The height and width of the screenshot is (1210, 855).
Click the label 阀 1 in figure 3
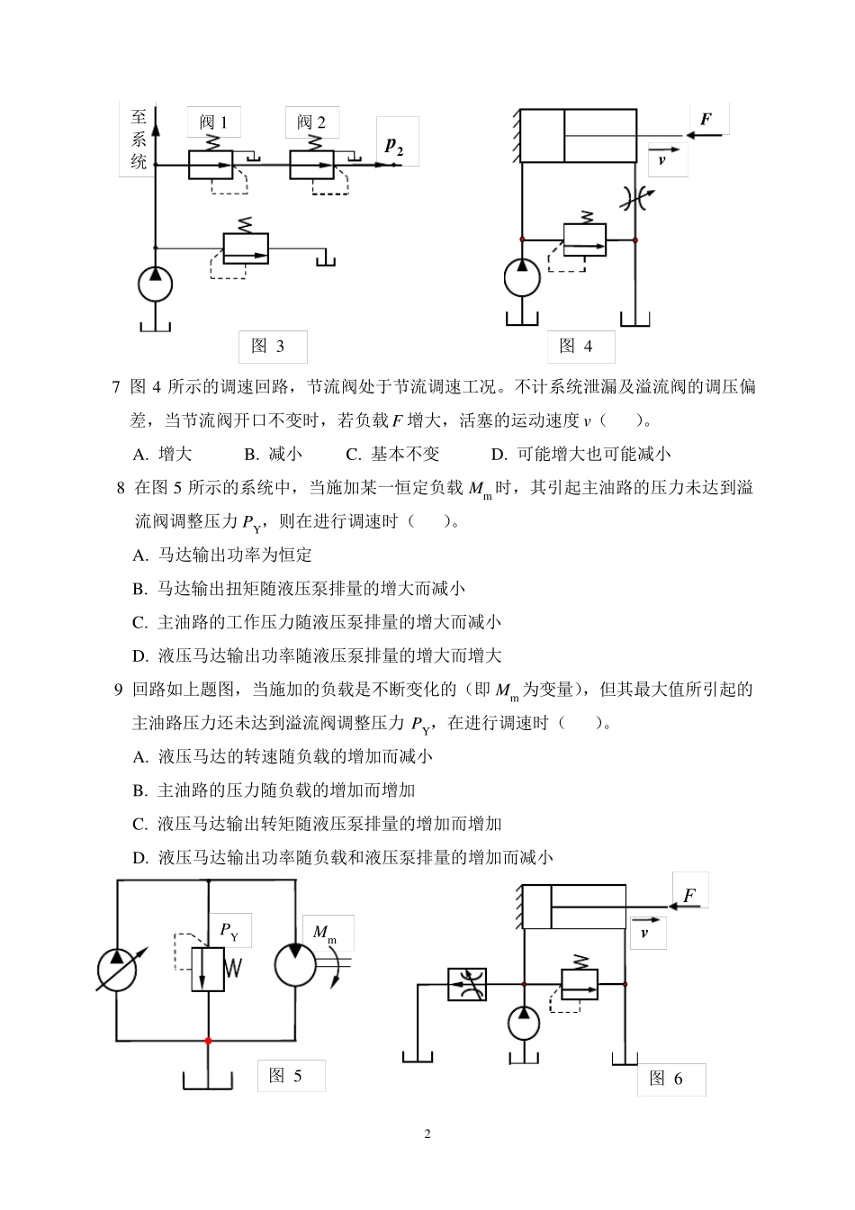[x=213, y=122]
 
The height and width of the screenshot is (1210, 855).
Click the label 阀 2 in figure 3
[x=311, y=122]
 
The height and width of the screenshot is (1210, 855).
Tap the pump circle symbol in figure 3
[x=155, y=284]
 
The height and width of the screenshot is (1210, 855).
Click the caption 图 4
[x=576, y=347]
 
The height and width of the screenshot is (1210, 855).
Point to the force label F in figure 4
[x=706, y=119]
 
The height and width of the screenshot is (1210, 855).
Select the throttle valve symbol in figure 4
[x=635, y=200]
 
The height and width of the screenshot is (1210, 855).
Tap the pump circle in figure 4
[x=522, y=276]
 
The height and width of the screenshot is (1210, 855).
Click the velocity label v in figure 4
[x=663, y=160]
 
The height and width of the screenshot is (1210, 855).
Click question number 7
[x=116, y=387]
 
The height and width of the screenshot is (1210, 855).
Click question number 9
[x=118, y=690]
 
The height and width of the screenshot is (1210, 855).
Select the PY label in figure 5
[x=230, y=931]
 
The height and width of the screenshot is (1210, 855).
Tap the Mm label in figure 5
[x=324, y=933]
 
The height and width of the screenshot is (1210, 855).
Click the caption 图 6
[x=666, y=1079]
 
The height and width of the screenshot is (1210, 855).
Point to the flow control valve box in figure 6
[x=467, y=984]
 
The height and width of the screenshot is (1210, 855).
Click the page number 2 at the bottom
[x=427, y=1133]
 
